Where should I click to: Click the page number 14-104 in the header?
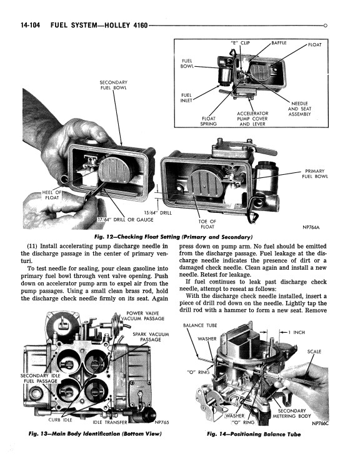[30, 25]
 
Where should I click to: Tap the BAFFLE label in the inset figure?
[279, 42]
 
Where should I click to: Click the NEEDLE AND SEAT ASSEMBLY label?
[299, 109]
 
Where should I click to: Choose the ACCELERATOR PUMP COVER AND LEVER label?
[252, 119]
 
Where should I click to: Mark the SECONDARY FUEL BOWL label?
[113, 85]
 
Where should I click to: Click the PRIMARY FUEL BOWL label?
[315, 174]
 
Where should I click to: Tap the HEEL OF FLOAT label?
[52, 195]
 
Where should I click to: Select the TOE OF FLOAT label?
[207, 224]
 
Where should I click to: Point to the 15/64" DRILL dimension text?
[157, 213]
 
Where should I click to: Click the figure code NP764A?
[311, 227]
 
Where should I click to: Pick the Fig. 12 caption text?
[173, 237]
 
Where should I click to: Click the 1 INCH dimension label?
[297, 332]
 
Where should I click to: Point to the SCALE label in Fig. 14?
[314, 352]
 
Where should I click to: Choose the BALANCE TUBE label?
[200, 325]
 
